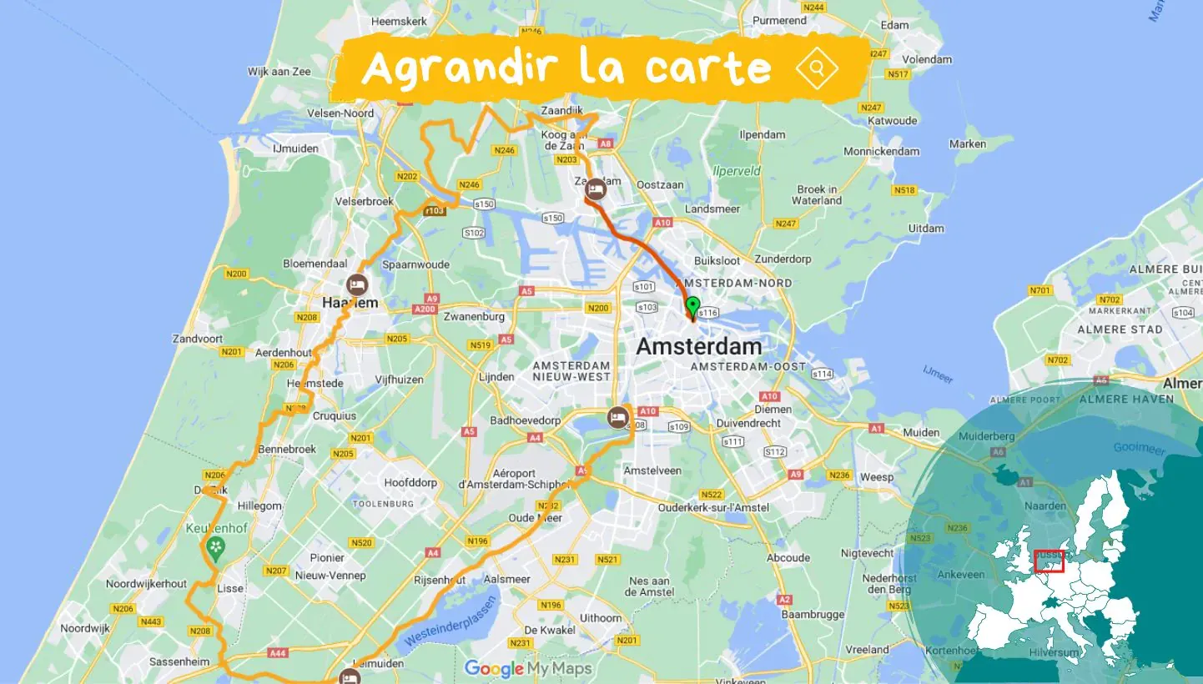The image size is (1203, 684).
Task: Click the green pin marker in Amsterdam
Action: pos(692,306)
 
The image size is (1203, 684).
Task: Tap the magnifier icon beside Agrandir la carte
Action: pos(817,68)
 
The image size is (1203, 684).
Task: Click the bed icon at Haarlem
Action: pos(358,284)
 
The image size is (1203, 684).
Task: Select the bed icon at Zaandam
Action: pos(596,189)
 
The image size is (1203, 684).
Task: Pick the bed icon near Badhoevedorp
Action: pos(618,417)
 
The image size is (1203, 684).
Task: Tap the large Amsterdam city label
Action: pos(699,346)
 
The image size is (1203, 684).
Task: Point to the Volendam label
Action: pos(927,59)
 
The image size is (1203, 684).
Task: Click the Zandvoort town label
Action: pos(197,339)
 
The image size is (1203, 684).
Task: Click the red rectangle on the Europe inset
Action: pos(1049,561)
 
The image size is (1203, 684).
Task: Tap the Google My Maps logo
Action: pos(528,668)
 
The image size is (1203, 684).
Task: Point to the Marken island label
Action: pos(968,143)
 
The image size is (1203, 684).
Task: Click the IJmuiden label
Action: pos(295,148)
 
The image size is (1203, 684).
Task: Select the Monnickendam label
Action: pos(881,151)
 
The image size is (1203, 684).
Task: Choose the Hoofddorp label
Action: pos(410,482)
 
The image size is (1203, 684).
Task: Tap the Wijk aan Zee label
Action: pos(279,72)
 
